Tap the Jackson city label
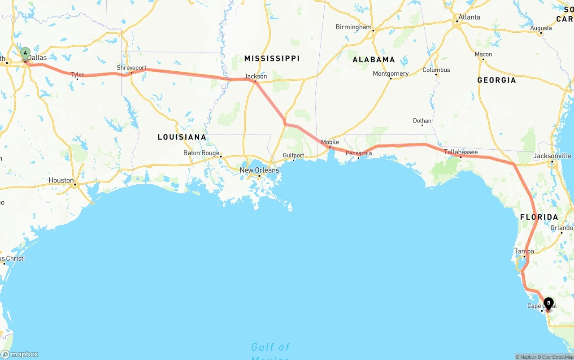pyautogui.click(x=256, y=76)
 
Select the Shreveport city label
pyautogui.click(x=131, y=68)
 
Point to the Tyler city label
pyautogui.click(x=78, y=74)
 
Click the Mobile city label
pyautogui.click(x=330, y=142)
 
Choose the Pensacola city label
pyautogui.click(x=359, y=153)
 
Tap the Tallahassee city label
pyautogui.click(x=461, y=152)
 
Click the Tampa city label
pyautogui.click(x=524, y=251)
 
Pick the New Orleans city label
pyautogui.click(x=259, y=170)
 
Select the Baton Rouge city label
pyautogui.click(x=201, y=153)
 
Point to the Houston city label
pyautogui.click(x=61, y=180)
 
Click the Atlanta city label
pyautogui.click(x=469, y=17)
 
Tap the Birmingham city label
pyautogui.click(x=353, y=27)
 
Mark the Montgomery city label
pyautogui.click(x=391, y=74)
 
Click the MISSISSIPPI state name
pyautogui.click(x=272, y=58)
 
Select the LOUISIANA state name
pyautogui.click(x=182, y=137)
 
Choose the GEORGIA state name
pyautogui.click(x=496, y=80)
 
